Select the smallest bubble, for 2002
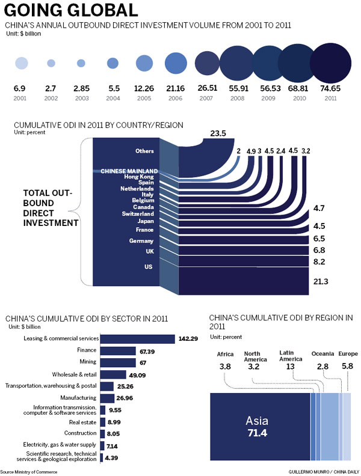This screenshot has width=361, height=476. pyautogui.click(x=51, y=63)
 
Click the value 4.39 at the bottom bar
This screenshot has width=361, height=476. pyautogui.click(x=113, y=459)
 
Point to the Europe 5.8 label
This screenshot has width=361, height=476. pyautogui.click(x=348, y=359)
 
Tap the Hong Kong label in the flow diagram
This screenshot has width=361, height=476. pyautogui.click(x=138, y=177)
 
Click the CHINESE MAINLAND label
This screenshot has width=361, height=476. pyautogui.click(x=129, y=171)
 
